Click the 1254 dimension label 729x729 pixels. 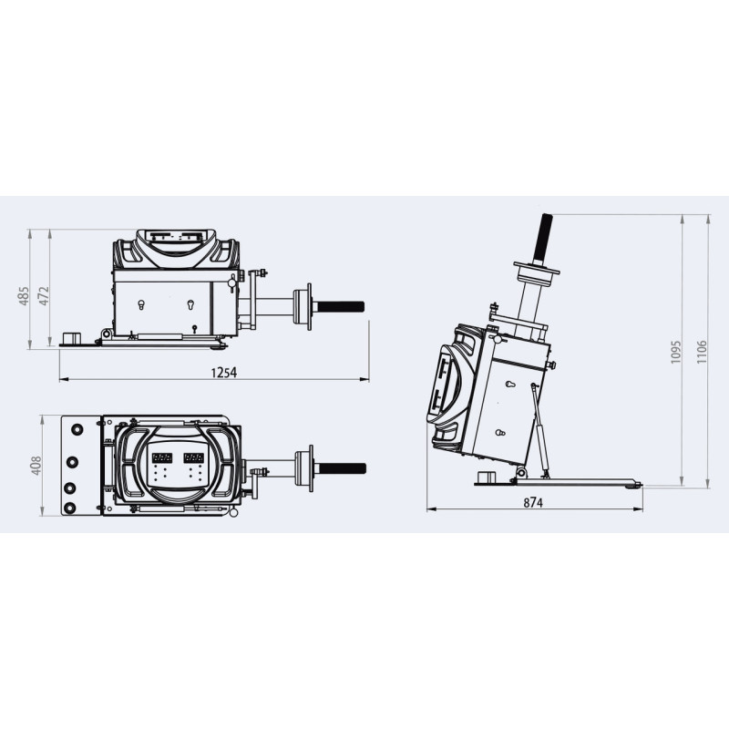(x=223, y=373)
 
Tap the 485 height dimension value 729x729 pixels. (x=24, y=295)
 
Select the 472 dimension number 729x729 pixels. (x=43, y=295)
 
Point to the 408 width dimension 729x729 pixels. (x=36, y=466)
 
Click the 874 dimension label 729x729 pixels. (x=533, y=503)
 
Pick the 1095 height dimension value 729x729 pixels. (x=675, y=352)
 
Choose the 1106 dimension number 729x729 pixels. (x=702, y=352)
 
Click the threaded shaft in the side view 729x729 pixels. (x=340, y=306)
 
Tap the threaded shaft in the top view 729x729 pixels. (x=342, y=468)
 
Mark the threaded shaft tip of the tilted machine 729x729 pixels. (x=546, y=215)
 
